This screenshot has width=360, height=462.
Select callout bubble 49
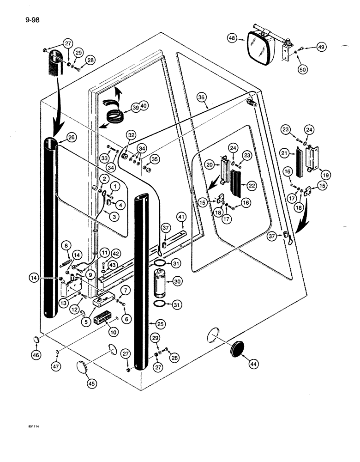click(323, 47)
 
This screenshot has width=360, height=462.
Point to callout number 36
click(201, 97)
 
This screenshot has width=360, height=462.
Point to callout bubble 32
click(132, 135)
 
